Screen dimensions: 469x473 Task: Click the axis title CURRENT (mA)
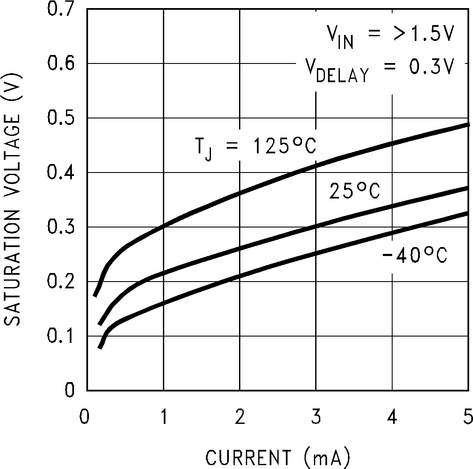[278, 457]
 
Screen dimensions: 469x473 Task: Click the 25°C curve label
[354, 191]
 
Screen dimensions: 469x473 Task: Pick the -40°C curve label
[415, 256]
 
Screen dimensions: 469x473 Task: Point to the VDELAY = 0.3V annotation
[380, 69]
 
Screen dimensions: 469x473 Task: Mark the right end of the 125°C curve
[467, 124]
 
